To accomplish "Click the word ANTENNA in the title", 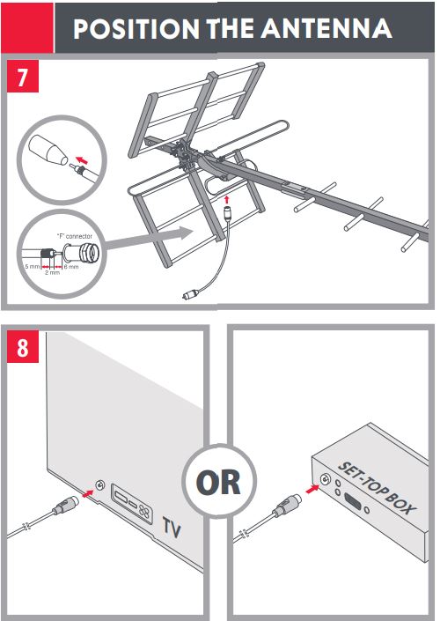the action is click(326, 28).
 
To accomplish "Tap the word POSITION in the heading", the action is click(136, 28).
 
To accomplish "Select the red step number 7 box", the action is click(23, 76).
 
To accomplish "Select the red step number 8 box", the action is click(23, 346).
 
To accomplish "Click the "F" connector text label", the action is click(75, 236).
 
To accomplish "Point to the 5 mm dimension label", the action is click(32, 267).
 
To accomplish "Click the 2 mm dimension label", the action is click(52, 272).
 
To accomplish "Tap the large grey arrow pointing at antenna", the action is click(150, 240).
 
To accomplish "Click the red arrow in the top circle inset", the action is click(83, 160).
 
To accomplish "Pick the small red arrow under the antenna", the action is click(226, 199).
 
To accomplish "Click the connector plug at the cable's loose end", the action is click(190, 295).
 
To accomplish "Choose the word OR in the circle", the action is click(218, 482).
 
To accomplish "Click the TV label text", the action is click(172, 527).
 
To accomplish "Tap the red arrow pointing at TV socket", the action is click(88, 493).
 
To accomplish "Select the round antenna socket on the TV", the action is click(100, 484).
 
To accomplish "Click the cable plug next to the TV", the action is click(65, 506).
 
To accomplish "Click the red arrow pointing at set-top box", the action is click(312, 489).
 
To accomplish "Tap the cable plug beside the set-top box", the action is click(287, 506).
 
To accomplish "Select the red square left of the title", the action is click(27, 27).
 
